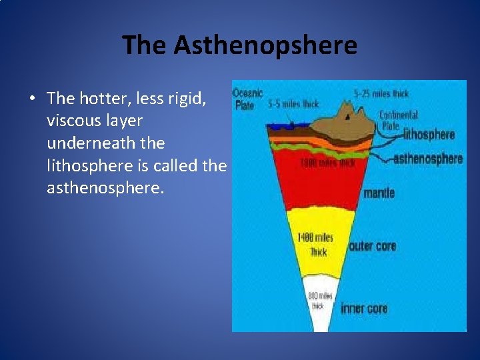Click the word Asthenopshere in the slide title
(265, 46)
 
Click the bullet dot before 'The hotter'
(31, 99)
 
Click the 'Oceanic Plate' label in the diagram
(248, 99)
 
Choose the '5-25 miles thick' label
(381, 94)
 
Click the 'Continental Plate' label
(399, 121)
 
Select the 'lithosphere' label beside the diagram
(429, 135)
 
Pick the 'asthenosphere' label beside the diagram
(428, 159)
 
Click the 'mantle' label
(379, 193)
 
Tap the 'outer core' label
(373, 246)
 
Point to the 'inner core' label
(364, 308)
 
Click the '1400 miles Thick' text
(315, 245)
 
